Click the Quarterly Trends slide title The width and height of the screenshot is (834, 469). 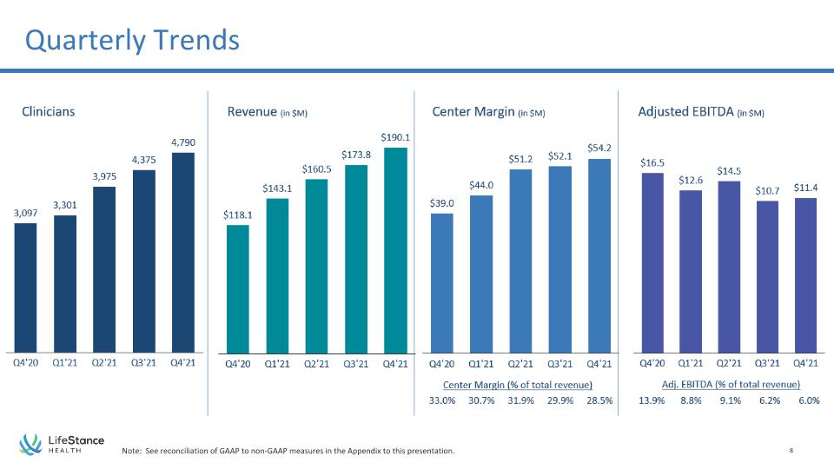tap(132, 40)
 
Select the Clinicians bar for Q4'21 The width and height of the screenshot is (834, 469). tap(183, 253)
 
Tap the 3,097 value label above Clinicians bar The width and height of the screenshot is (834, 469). tap(25, 214)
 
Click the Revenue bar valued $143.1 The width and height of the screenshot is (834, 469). tap(277, 276)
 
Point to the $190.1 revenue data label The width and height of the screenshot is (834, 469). tap(395, 137)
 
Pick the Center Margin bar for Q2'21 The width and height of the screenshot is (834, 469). tap(520, 261)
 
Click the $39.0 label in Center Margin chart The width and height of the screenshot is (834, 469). tap(442, 203)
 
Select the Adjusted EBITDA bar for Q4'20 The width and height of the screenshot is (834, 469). tap(652, 262)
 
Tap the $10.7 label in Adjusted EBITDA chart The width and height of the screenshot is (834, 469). tap(767, 190)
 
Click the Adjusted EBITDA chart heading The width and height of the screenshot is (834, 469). tap(700, 112)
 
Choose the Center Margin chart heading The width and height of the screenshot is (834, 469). tap(488, 112)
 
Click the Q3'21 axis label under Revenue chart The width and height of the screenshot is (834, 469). tap(356, 364)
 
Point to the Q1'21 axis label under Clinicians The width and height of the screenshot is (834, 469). tap(65, 363)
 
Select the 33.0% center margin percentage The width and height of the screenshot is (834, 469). tap(442, 400)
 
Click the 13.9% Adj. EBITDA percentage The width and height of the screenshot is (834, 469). tap(652, 400)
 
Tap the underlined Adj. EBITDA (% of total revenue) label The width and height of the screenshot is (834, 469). tap(731, 385)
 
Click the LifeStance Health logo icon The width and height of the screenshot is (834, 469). tap(31, 444)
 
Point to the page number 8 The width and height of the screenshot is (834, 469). tap(791, 451)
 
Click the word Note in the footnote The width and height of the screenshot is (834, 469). tap(131, 451)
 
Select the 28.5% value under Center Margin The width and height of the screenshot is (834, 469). tap(599, 400)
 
